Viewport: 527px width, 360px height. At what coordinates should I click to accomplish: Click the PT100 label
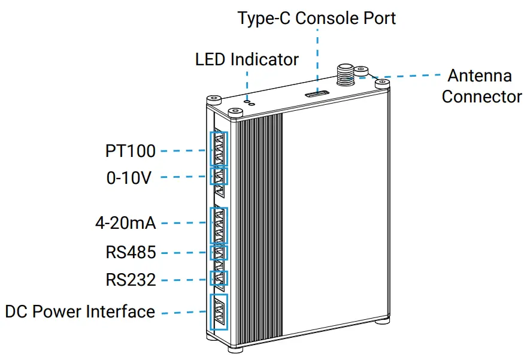pyautogui.click(x=130, y=151)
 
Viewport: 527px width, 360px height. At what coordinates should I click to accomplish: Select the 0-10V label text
pyautogui.click(x=129, y=178)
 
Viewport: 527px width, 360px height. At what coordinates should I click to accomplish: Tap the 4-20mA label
pyautogui.click(x=125, y=223)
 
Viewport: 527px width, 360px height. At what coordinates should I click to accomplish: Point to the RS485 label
pyautogui.click(x=131, y=252)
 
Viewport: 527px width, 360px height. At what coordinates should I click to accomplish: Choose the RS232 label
pyautogui.click(x=131, y=280)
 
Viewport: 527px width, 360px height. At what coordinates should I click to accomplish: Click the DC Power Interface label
pyautogui.click(x=80, y=312)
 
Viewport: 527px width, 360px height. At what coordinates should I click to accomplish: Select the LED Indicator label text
pyautogui.click(x=247, y=59)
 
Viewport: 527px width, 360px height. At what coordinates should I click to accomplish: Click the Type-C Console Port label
pyautogui.click(x=316, y=18)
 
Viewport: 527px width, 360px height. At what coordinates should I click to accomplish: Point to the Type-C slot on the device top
pyautogui.click(x=316, y=94)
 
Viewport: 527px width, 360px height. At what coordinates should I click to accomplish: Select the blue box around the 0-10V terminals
pyautogui.click(x=220, y=176)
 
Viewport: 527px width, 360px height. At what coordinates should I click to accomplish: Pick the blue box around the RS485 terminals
pyautogui.click(x=220, y=253)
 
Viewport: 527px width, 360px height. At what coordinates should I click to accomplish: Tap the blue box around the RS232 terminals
pyautogui.click(x=220, y=278)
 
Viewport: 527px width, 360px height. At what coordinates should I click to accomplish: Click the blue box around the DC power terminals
pyautogui.click(x=219, y=311)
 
